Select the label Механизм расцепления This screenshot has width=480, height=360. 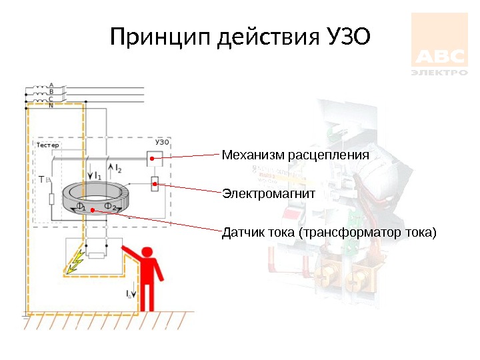(x=295, y=155)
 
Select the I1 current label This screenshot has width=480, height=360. (x=97, y=175)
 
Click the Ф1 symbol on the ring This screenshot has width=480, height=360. (x=81, y=207)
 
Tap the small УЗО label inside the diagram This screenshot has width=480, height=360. (x=162, y=142)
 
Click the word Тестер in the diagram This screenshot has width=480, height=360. (x=47, y=145)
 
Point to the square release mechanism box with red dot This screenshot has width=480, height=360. (x=153, y=159)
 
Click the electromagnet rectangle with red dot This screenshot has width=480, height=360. (x=155, y=182)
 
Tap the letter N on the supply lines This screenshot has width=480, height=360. (x=51, y=105)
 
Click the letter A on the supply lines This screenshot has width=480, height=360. (x=51, y=85)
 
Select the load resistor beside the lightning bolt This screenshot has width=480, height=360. (x=97, y=254)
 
